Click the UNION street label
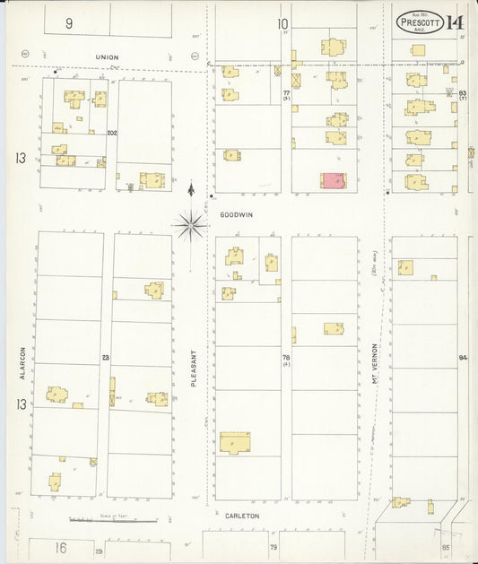point(108,57)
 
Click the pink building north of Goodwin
point(333,181)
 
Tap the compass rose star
point(190,224)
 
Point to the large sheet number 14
point(456,22)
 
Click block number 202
point(112,133)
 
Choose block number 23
point(105,358)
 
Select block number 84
point(463,358)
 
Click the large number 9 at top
point(69,23)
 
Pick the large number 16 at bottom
point(60,546)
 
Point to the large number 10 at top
point(282,24)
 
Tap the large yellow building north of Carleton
point(235,442)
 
